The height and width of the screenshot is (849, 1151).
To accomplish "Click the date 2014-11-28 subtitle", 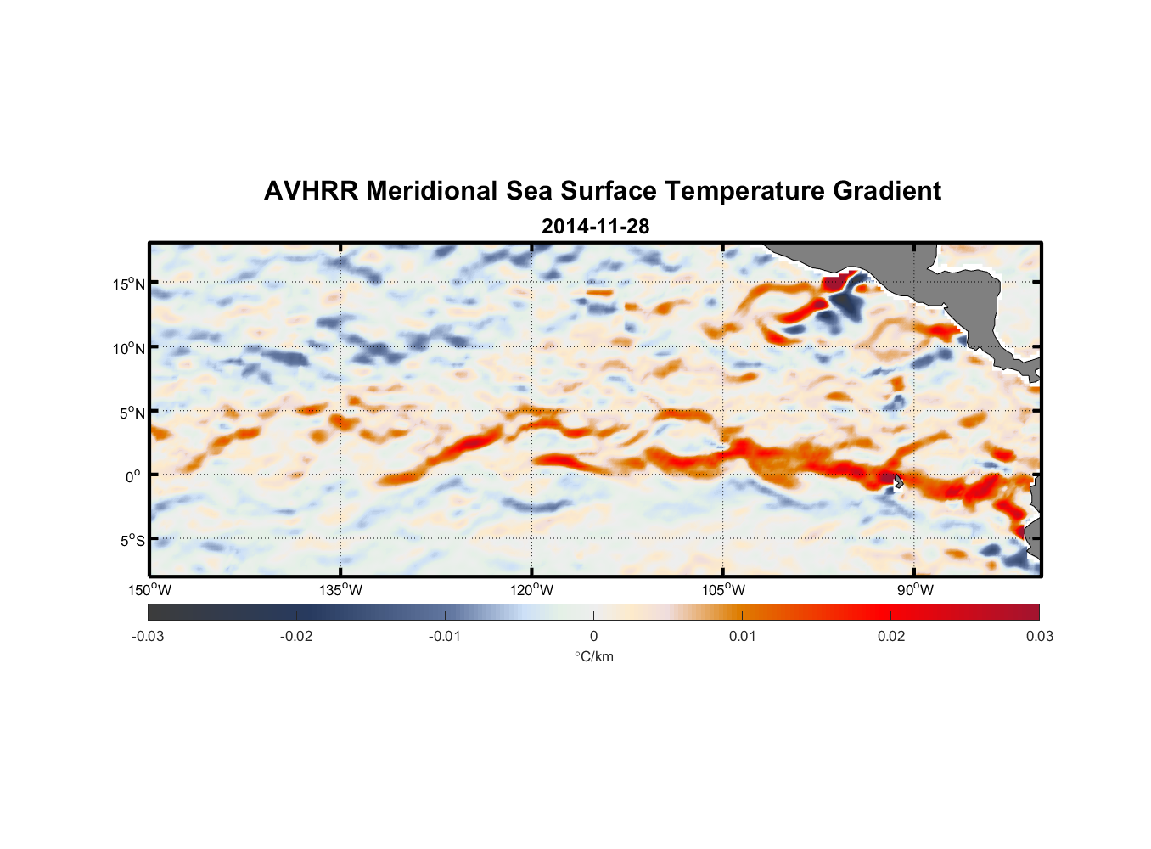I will coord(595,227).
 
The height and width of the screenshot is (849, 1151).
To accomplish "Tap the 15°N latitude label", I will coord(128,284).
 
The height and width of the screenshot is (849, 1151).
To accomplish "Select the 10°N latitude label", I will coord(128,348).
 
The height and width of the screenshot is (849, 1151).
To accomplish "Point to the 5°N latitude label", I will coord(132,413).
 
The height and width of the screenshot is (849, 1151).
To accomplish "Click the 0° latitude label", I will coord(132,476).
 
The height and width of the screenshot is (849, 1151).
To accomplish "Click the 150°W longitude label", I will coord(149,590).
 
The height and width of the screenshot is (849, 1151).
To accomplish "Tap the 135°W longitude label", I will coord(340,590).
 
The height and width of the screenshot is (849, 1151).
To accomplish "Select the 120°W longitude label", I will coord(532,590).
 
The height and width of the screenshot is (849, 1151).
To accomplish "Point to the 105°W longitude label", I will coord(723,590).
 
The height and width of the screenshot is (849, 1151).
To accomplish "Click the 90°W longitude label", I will coord(915,590).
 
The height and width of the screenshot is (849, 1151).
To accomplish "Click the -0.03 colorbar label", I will coord(148,636).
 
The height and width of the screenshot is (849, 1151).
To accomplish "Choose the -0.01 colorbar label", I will coord(445,636).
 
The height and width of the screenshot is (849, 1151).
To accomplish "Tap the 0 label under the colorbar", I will coord(593,636).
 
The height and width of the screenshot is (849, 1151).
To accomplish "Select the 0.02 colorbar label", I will coord(891,636).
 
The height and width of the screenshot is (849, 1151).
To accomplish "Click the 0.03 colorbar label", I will coord(1039,636).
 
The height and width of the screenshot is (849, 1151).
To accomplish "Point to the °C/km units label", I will coord(593,656).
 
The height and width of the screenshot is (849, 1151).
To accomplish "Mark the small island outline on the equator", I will coord(898,481).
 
